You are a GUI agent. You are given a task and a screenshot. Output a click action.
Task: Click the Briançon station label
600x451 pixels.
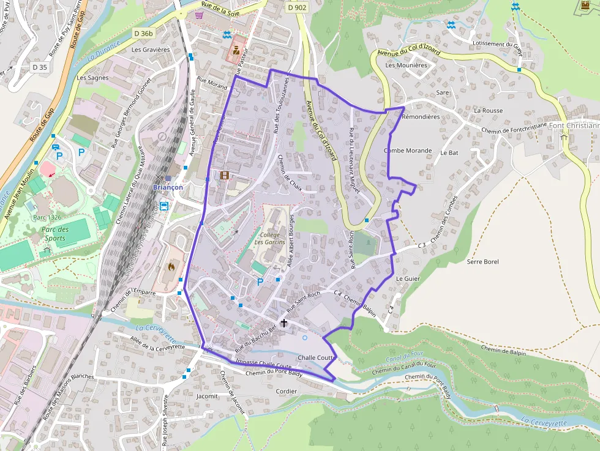pyautogui.click(x=168, y=187)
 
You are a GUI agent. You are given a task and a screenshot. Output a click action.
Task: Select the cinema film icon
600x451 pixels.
pyautogui.click(x=224, y=176)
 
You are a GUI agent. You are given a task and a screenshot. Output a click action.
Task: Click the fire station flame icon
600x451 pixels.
pyautogui.click(x=172, y=267)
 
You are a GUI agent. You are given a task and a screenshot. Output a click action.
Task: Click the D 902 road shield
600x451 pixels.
pyautogui.click(x=296, y=7)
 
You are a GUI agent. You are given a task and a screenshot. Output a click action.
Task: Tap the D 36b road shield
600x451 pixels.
pyautogui.click(x=143, y=33)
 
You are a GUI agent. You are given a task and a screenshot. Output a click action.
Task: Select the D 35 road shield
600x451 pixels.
pyautogui.click(x=40, y=67)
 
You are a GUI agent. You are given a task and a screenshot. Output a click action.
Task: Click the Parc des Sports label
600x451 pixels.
pyautogui.click(x=54, y=234)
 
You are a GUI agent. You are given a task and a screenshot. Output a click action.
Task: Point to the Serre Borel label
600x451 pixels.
pyautogui.click(x=482, y=262)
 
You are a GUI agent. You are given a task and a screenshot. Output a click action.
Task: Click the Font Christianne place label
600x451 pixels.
pyautogui.click(x=574, y=125)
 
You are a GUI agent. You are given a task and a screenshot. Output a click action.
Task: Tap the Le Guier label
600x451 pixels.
pyautogui.click(x=407, y=278)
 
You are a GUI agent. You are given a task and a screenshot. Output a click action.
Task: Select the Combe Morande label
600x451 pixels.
pyautogui.click(x=408, y=151)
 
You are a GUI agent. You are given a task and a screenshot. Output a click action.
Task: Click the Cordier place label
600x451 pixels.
pyautogui.click(x=287, y=391)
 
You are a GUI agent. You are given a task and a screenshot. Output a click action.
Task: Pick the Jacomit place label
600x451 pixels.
pyautogui.click(x=207, y=396)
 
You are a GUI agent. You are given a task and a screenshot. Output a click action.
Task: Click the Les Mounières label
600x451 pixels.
pyautogui.click(x=406, y=65)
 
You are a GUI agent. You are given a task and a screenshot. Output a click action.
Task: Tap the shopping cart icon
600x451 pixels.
pyautogui.click(x=199, y=15)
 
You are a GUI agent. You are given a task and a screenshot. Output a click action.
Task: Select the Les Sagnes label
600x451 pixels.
pyautogui.click(x=92, y=78)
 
